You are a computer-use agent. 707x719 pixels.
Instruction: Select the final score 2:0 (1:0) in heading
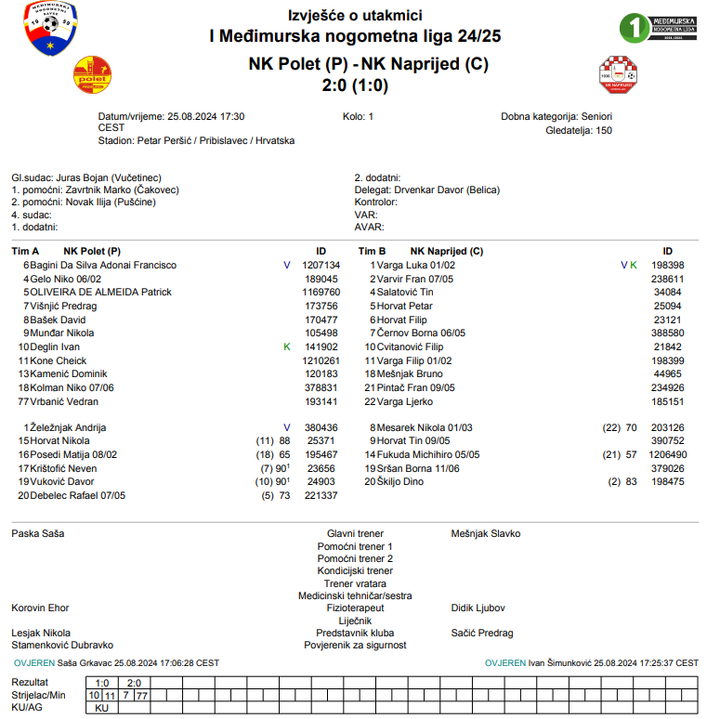[354, 85]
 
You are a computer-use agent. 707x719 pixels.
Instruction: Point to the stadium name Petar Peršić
[164, 140]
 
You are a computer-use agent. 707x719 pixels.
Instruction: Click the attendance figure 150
[604, 130]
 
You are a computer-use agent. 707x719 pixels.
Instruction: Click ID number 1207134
[321, 265]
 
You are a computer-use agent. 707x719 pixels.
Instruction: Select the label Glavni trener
[350, 534]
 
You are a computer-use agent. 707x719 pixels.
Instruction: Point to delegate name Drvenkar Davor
[429, 190]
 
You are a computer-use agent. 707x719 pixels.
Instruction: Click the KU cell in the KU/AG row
[101, 708]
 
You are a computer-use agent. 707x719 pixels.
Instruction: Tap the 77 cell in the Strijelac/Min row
[141, 695]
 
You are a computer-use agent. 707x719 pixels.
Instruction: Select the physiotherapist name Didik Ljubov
[478, 608]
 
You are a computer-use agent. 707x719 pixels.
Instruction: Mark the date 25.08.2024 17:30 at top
[205, 117]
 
